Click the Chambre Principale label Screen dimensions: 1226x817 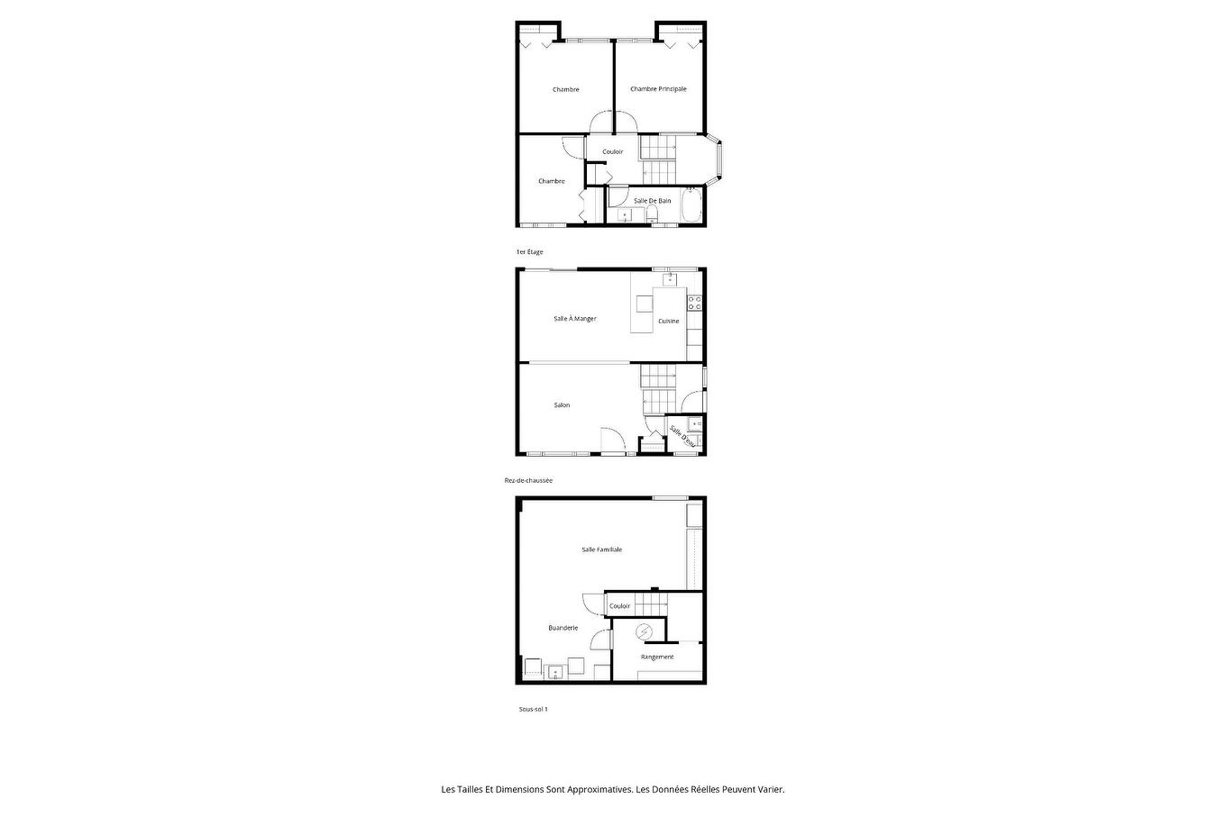pos(658,88)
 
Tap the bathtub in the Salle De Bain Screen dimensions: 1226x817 pos(691,205)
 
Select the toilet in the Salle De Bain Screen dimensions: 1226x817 pos(651,215)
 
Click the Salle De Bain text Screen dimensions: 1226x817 pos(652,201)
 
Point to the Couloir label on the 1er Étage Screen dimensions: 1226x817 pos(612,151)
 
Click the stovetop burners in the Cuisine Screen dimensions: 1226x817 pos(694,303)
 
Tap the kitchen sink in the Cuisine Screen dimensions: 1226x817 pos(670,280)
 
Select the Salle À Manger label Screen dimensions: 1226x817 pos(575,318)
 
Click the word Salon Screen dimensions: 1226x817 pos(562,405)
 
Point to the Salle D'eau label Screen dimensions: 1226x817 pos(682,436)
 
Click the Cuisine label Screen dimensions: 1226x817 pos(668,321)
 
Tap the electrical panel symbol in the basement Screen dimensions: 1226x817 pos(644,632)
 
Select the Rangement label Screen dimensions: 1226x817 pos(657,657)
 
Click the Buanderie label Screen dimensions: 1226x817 pos(563,628)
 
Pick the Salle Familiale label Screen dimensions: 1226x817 pos(601,549)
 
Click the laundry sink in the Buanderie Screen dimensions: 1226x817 pos(555,672)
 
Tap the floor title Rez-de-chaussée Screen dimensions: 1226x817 pos(528,480)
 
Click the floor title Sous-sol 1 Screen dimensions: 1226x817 pos(533,709)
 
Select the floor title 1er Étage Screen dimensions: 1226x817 pos(529,251)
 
